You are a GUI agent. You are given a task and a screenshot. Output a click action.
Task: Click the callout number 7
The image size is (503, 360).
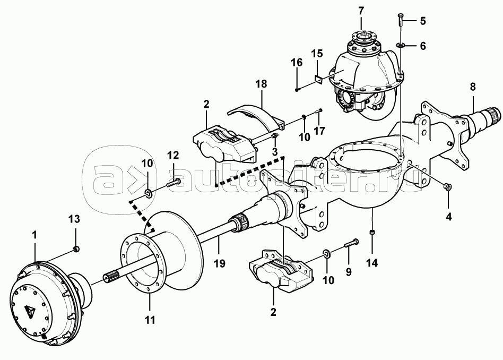[x=361, y=11]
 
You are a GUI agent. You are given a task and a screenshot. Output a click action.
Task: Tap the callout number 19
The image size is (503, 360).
[x=220, y=264]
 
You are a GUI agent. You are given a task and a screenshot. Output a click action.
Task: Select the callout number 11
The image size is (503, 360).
[x=150, y=320]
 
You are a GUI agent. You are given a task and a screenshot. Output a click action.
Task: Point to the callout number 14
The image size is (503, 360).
[x=372, y=263]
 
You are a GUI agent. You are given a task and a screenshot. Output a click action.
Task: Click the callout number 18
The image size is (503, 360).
[x=261, y=84]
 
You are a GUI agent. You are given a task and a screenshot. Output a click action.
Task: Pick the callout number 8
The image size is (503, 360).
[x=473, y=87]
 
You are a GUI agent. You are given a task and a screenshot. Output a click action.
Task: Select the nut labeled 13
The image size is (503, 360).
[x=76, y=249]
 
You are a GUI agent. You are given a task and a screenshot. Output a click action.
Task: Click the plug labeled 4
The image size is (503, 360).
[x=446, y=186]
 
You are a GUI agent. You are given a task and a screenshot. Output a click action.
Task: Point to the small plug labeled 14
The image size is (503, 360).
[x=372, y=232]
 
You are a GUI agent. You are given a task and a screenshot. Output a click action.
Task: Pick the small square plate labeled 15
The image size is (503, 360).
[x=318, y=79]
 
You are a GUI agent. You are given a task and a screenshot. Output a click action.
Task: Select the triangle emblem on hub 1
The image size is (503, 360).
[x=29, y=311]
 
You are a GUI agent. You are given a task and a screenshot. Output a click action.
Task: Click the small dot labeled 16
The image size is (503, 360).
[x=297, y=90]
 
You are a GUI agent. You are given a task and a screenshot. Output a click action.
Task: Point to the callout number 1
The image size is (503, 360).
[x=34, y=235]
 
